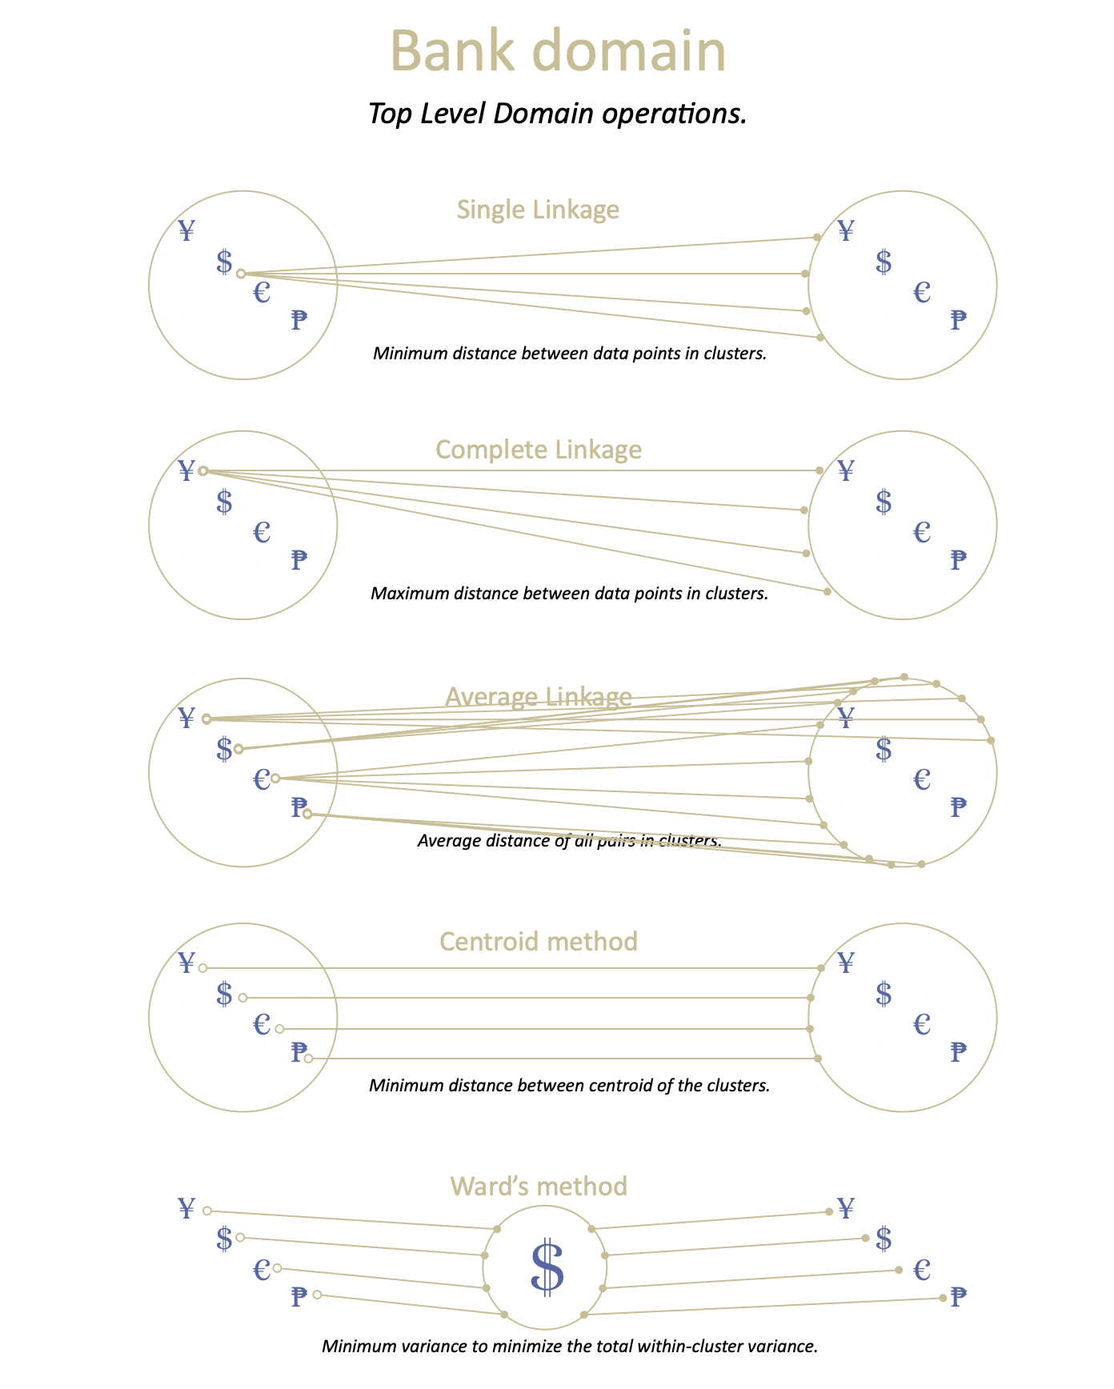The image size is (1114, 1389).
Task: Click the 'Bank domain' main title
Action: click(558, 52)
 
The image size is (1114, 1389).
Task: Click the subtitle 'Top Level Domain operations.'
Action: click(557, 114)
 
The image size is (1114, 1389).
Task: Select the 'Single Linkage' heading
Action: click(538, 210)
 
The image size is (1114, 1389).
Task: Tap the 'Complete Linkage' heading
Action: click(538, 450)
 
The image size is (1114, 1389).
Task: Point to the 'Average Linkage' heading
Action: click(538, 697)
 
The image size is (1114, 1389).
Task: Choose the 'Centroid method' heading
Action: click(538, 941)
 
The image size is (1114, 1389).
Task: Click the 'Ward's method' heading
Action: click(538, 1186)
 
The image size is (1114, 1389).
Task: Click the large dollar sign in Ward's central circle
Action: click(547, 1267)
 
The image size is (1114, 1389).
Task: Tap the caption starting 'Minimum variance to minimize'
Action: click(569, 1346)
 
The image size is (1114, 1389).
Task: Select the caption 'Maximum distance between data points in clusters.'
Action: click(569, 594)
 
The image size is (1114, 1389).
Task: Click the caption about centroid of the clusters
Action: click(569, 1086)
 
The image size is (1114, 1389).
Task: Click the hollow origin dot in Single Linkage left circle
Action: click(241, 274)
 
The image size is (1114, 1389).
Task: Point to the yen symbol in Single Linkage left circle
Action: click(186, 230)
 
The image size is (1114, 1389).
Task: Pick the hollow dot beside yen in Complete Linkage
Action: click(203, 470)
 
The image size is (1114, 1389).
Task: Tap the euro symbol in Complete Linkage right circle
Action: click(922, 531)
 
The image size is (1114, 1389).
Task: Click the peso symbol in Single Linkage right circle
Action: click(958, 320)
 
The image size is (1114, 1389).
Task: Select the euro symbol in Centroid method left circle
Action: click(262, 1024)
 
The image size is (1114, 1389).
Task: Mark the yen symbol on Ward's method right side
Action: click(846, 1207)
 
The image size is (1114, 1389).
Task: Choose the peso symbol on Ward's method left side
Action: click(299, 1296)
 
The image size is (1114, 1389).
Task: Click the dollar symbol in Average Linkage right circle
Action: click(884, 750)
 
